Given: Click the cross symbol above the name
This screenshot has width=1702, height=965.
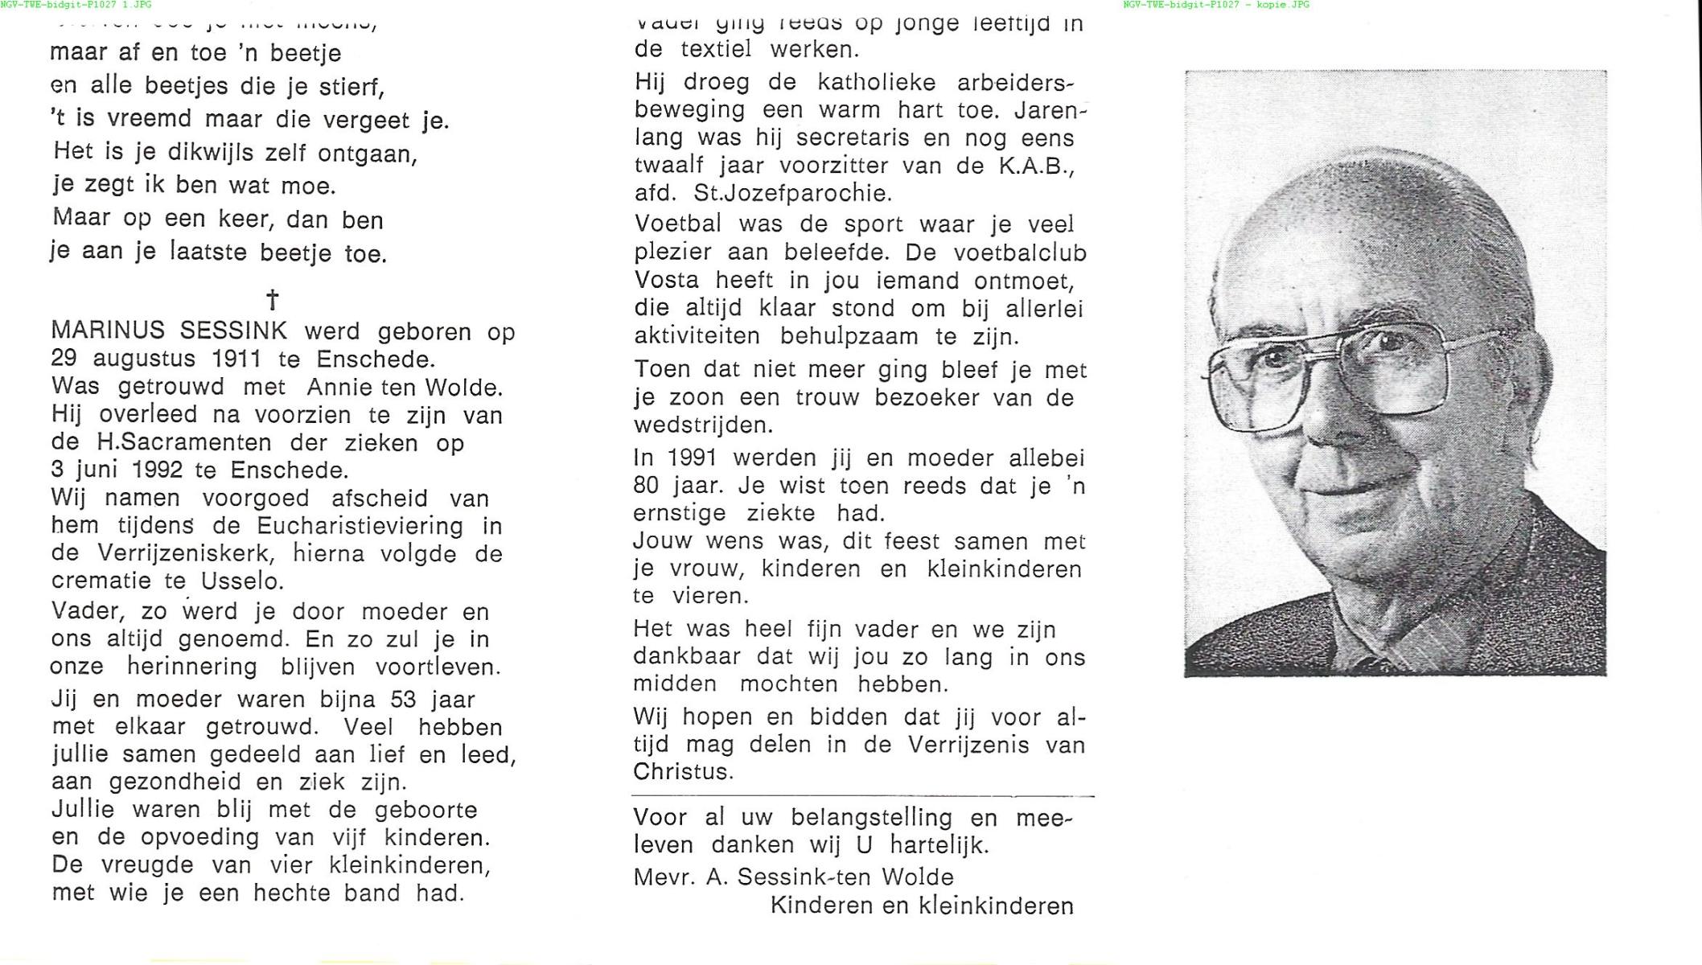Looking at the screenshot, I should tap(273, 301).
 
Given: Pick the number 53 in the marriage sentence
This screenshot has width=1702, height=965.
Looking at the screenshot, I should tap(404, 700).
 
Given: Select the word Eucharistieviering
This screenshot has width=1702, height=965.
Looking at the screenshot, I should tap(360, 527).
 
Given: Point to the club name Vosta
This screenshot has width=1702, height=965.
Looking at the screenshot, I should tap(667, 281).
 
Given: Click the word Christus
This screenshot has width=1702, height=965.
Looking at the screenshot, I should tap(683, 772).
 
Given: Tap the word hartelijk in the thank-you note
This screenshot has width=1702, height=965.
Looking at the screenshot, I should tap(939, 845).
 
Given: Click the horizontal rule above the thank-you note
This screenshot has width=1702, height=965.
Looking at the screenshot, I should tap(862, 796).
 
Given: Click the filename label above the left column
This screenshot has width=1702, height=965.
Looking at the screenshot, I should tap(76, 5).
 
